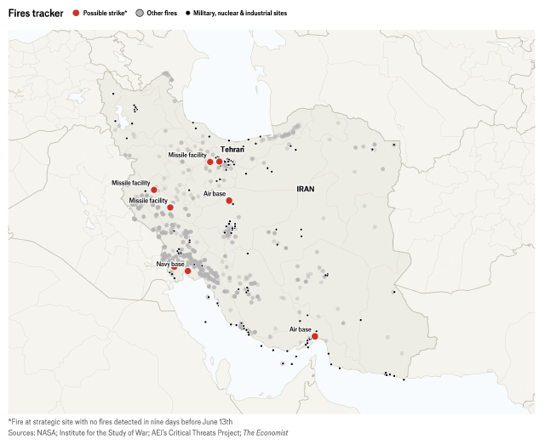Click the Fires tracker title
click(36, 13)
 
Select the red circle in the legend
click(77, 14)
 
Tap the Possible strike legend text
click(105, 14)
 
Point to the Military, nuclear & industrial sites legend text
click(241, 14)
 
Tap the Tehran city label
click(221, 149)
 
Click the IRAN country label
click(306, 189)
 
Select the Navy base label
click(169, 264)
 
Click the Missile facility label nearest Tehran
click(186, 155)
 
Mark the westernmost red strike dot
click(154, 190)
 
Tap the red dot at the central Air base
click(229, 201)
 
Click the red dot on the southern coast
click(315, 336)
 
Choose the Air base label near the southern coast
click(300, 328)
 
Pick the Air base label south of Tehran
click(215, 194)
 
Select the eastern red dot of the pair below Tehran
click(219, 161)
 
